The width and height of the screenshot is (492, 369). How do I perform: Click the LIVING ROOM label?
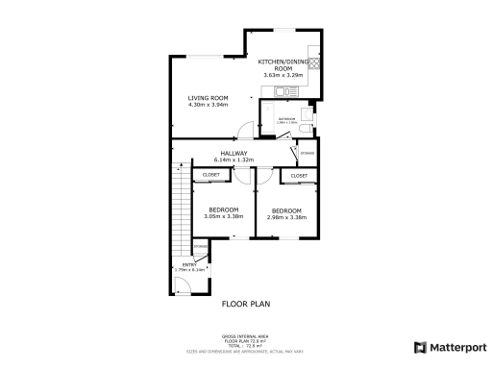coord(207,97)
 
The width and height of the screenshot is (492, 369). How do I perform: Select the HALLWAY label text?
coord(234,153)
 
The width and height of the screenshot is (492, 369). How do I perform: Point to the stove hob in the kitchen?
coord(314,62)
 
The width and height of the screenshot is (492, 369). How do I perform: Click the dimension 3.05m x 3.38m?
coord(224,216)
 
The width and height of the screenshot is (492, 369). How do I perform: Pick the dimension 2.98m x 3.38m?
coord(286,217)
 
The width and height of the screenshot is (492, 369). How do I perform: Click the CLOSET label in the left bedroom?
coord(210,175)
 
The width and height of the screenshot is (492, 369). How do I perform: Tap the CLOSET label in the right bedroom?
coord(298,176)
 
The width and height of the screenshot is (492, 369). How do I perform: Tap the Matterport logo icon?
coord(419,347)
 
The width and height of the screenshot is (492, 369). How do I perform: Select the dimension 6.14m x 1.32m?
coord(234,160)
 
